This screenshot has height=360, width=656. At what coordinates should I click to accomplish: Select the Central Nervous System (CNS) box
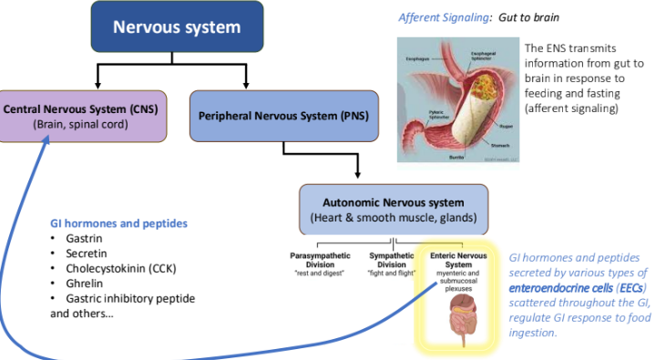tap(83, 116)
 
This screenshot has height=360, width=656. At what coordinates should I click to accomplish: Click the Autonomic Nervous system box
tap(394, 209)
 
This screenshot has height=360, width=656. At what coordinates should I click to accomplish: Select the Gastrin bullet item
tap(84, 238)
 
